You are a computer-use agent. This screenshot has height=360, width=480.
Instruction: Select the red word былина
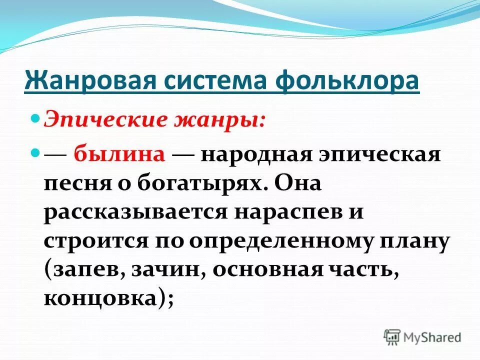pyautogui.click(x=119, y=154)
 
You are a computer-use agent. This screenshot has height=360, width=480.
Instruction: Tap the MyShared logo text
pyautogui.click(x=432, y=337)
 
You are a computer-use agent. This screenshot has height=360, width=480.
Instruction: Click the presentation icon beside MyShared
pyautogui.click(x=392, y=336)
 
